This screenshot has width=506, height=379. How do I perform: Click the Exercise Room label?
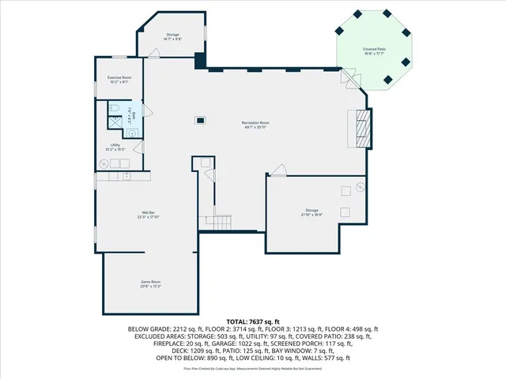point(119,77)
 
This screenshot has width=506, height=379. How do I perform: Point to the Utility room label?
point(115,147)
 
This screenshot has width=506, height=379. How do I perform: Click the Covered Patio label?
point(375,51)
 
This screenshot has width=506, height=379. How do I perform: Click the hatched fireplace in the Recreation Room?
point(363,128)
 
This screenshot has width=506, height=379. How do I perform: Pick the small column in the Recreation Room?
point(202,120)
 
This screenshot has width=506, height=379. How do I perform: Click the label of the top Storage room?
point(172,36)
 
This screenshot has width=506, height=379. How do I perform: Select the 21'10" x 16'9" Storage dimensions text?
point(312,215)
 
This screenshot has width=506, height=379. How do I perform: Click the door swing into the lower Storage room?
point(278,170)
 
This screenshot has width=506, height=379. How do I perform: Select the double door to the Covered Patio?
point(348,78)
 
